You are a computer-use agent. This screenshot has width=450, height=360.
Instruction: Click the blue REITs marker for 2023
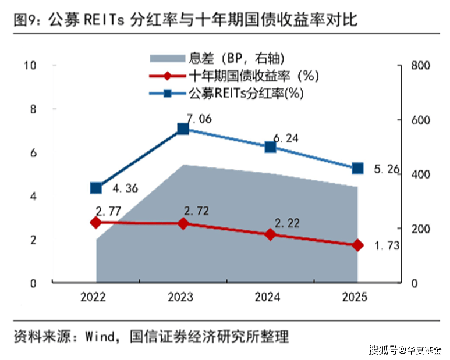point(183,129)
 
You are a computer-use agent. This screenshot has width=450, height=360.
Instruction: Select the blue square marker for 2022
point(96,188)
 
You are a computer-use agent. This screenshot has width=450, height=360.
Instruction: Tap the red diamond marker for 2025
point(357,245)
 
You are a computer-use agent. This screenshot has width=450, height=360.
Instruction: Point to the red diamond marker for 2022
point(96,222)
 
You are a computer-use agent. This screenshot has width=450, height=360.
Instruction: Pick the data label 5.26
point(385,169)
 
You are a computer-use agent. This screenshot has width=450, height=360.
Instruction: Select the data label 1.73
point(385,246)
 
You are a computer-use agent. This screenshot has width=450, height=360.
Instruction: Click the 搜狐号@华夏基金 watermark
point(405,350)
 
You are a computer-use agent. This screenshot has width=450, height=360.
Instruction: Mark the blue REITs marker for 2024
point(270,147)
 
